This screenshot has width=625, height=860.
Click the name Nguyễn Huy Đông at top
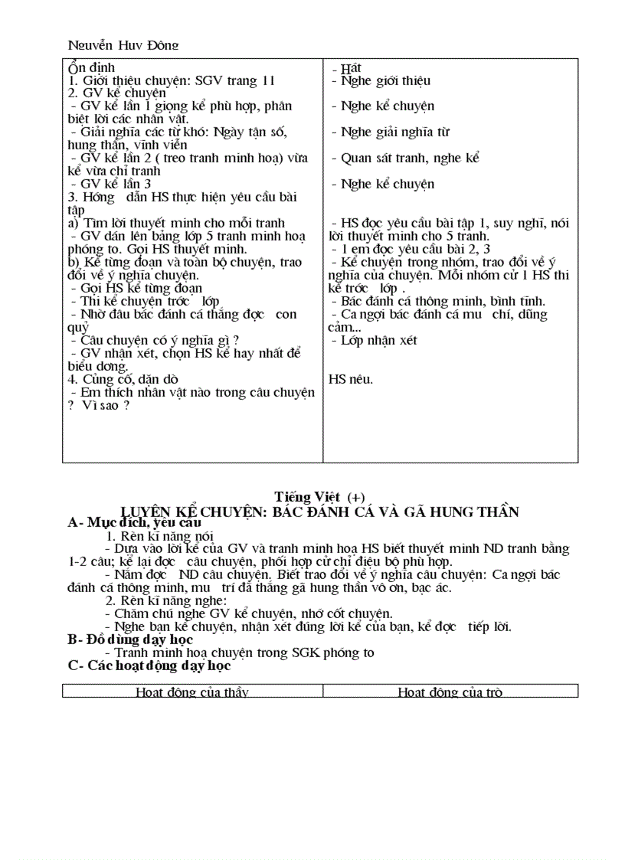coord(123,45)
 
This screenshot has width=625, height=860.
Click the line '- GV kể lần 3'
coord(110,184)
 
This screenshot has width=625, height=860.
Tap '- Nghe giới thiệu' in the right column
coord(381,80)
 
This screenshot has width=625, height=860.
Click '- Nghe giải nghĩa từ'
coord(390,132)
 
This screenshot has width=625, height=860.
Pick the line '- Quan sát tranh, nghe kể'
coord(405,158)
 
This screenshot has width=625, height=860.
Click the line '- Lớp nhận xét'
coord(375,340)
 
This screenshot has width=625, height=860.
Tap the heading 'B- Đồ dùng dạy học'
coord(130,639)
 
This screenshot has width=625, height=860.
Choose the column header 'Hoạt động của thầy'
coord(191,692)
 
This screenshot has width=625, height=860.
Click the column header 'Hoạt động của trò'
coord(450,692)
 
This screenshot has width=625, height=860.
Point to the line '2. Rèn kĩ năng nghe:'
coord(162,600)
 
